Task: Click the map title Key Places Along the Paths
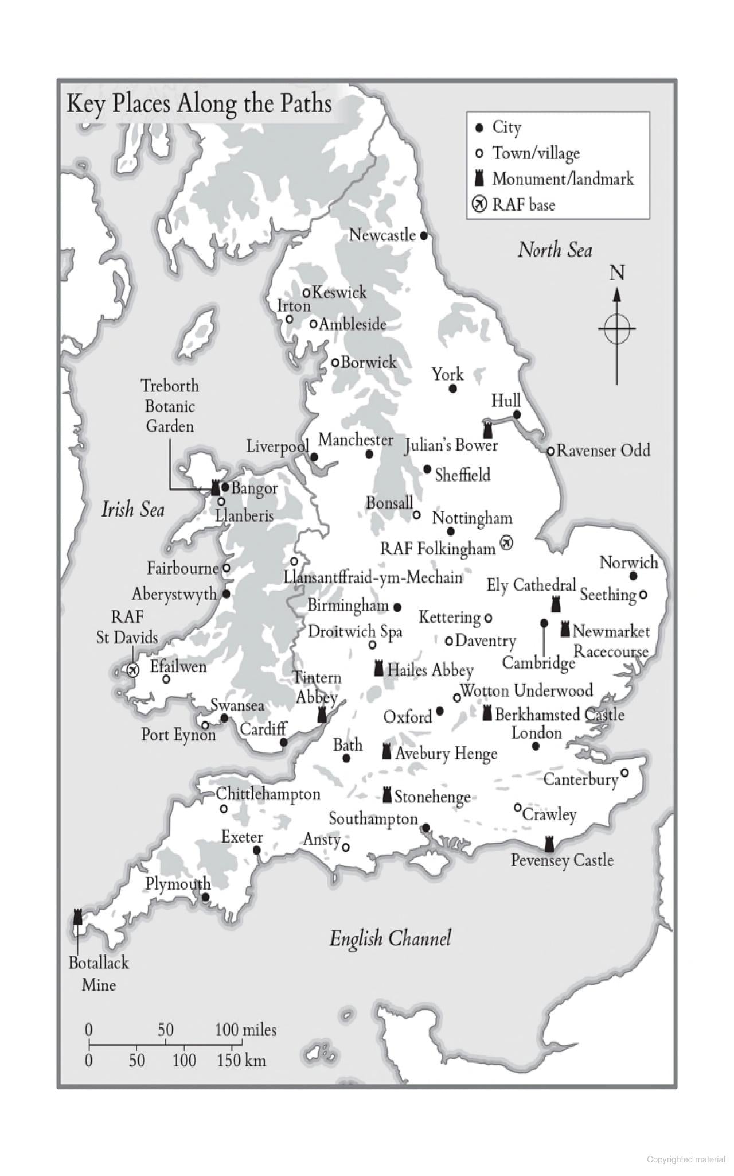pyautogui.click(x=199, y=104)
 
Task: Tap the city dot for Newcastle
pyautogui.click(x=424, y=235)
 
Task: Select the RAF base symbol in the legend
pyautogui.click(x=479, y=204)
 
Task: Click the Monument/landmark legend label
pyautogui.click(x=563, y=178)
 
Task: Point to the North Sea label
pyautogui.click(x=555, y=250)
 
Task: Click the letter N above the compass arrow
pyautogui.click(x=616, y=273)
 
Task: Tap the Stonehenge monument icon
pyautogui.click(x=387, y=795)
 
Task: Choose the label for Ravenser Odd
pyautogui.click(x=603, y=450)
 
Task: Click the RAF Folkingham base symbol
pyautogui.click(x=506, y=542)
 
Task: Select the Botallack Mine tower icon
pyautogui.click(x=78, y=917)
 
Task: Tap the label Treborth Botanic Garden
pyautogui.click(x=170, y=406)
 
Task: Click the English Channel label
pyautogui.click(x=390, y=938)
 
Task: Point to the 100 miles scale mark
pyautogui.click(x=245, y=1030)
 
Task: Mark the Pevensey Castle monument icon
pyautogui.click(x=549, y=844)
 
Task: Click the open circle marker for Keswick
pyautogui.click(x=307, y=293)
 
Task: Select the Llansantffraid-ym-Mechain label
pyautogui.click(x=373, y=577)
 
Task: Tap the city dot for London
pyautogui.click(x=536, y=746)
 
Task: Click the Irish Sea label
pyautogui.click(x=132, y=509)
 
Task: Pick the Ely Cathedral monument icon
pyautogui.click(x=555, y=604)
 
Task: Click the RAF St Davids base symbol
pyautogui.click(x=132, y=670)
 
